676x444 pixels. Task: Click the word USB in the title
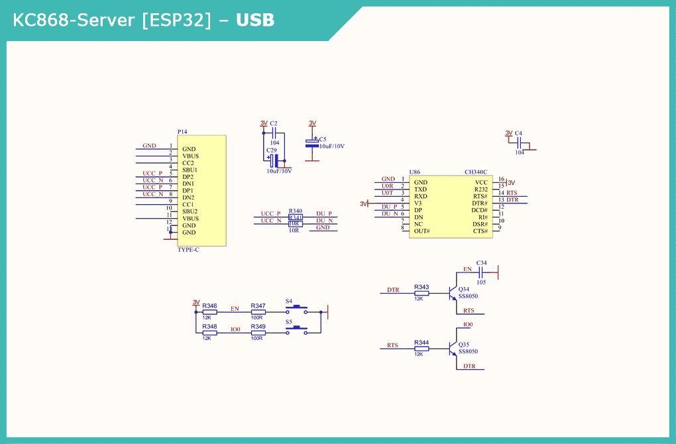pos(255,21)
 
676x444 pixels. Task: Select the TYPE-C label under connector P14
pos(188,250)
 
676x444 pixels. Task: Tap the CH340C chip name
pos(476,172)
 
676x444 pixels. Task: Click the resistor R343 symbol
pos(422,293)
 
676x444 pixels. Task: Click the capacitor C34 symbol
pos(480,272)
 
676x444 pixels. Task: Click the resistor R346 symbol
pos(209,311)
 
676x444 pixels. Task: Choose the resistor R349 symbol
pos(258,333)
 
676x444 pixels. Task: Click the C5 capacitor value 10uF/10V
pos(331,146)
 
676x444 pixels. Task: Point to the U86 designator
pos(415,172)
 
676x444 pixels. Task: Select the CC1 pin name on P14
pos(188,204)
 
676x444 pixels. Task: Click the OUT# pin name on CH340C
pos(422,231)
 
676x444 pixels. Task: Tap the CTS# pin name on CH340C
pos(480,231)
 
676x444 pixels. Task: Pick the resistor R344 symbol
pos(422,348)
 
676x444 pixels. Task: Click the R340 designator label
pos(296,211)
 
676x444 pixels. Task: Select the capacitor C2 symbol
pos(274,133)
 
